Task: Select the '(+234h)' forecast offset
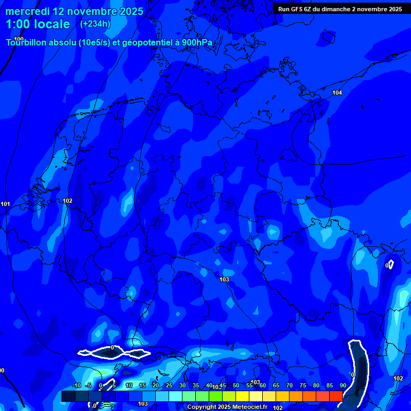pos(95,24)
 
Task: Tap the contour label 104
pos(337,93)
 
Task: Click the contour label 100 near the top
pos(19,39)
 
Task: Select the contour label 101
pos(5,204)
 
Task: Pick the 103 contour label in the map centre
pos(224,279)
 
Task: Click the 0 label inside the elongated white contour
pos(112,348)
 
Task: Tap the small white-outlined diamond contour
pos(390,264)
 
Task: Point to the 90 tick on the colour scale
pos(342,386)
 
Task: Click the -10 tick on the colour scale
pos(76,386)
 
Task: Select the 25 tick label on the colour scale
pos(169,386)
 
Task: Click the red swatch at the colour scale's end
pos(336,396)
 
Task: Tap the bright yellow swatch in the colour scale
pos(242,396)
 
